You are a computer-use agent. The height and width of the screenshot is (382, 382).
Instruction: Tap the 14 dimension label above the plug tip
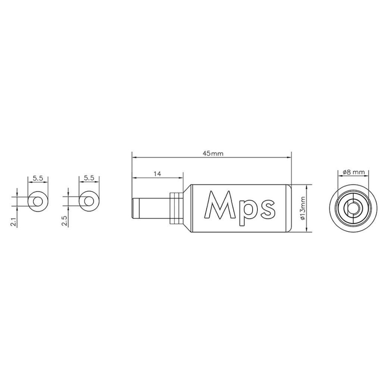click(x=157, y=174)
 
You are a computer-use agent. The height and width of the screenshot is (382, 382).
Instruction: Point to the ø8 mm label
click(x=354, y=172)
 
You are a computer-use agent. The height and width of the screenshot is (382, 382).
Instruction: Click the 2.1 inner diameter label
click(x=14, y=222)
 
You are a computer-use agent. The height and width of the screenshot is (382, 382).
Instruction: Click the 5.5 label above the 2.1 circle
click(x=38, y=178)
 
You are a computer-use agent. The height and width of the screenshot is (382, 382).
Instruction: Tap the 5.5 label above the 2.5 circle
click(x=89, y=178)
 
